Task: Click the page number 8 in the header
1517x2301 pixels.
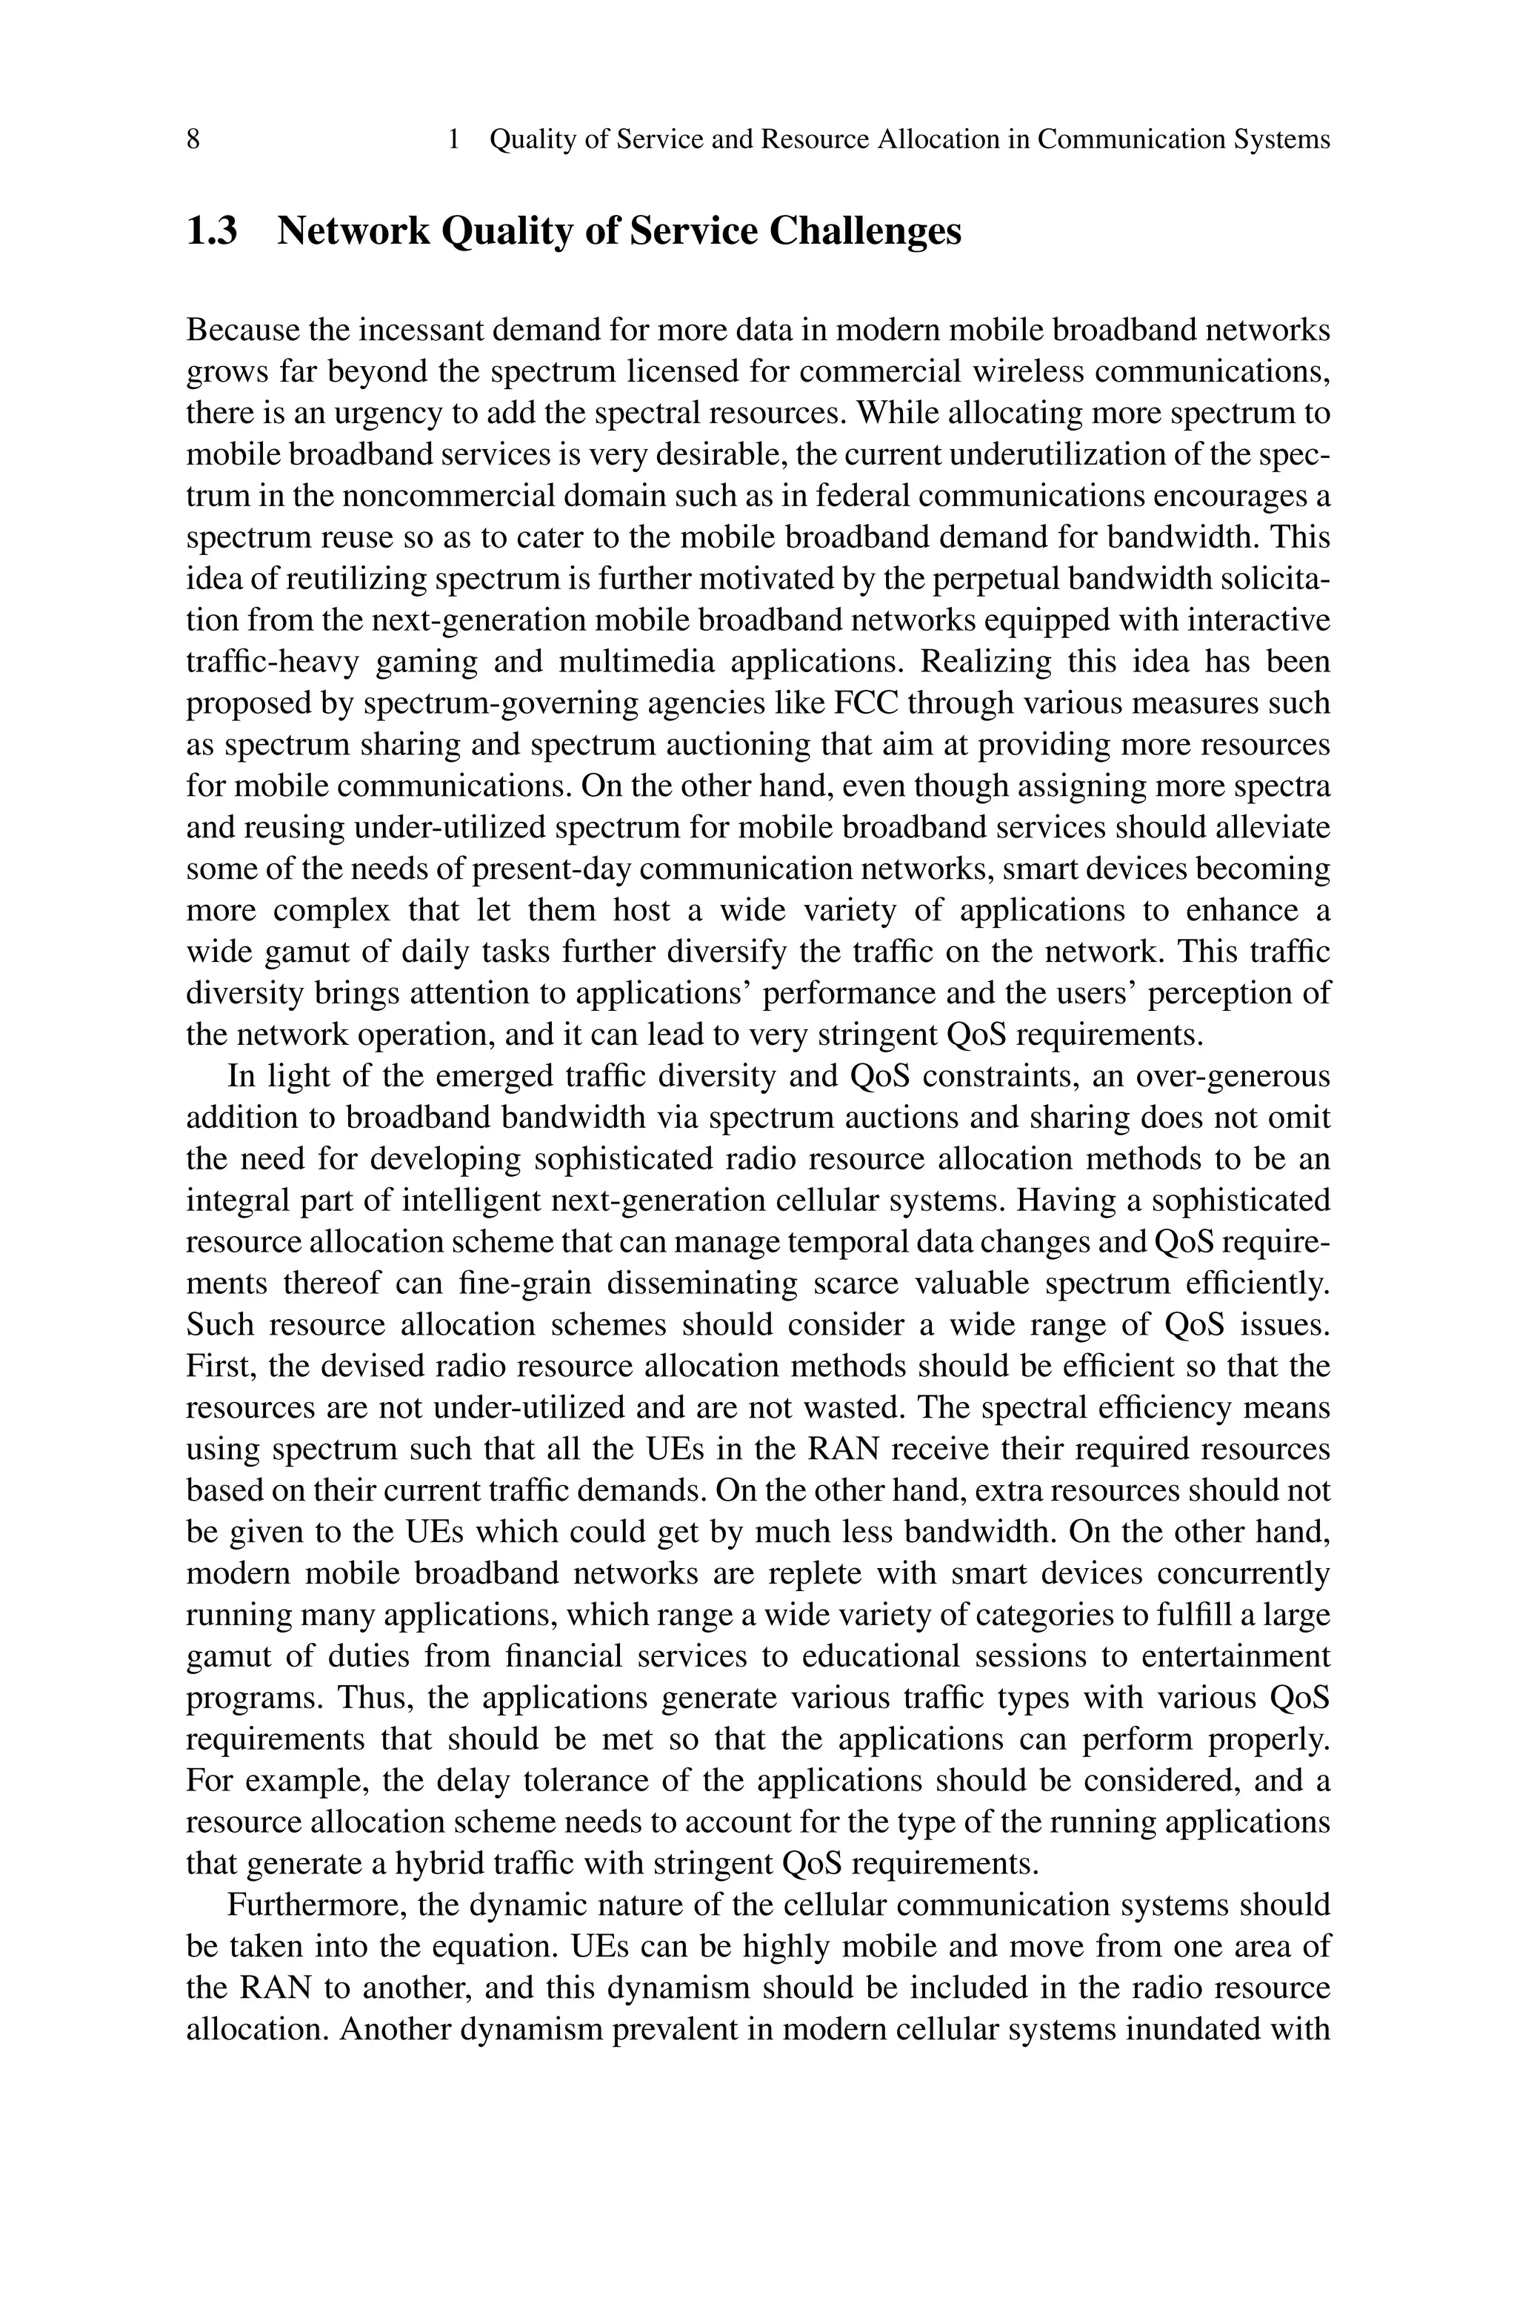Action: (193, 140)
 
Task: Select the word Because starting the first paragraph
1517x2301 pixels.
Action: (243, 331)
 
